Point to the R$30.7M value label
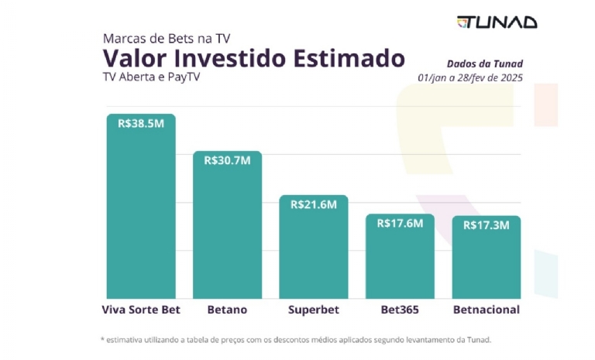(227, 160)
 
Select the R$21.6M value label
(314, 204)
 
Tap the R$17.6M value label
(400, 224)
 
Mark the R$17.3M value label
(486, 225)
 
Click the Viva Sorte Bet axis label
(141, 310)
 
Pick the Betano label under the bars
(227, 310)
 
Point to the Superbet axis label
(314, 310)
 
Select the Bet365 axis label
(400, 310)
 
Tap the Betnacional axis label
(486, 310)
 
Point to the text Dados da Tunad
(483, 63)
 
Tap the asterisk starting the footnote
(103, 339)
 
